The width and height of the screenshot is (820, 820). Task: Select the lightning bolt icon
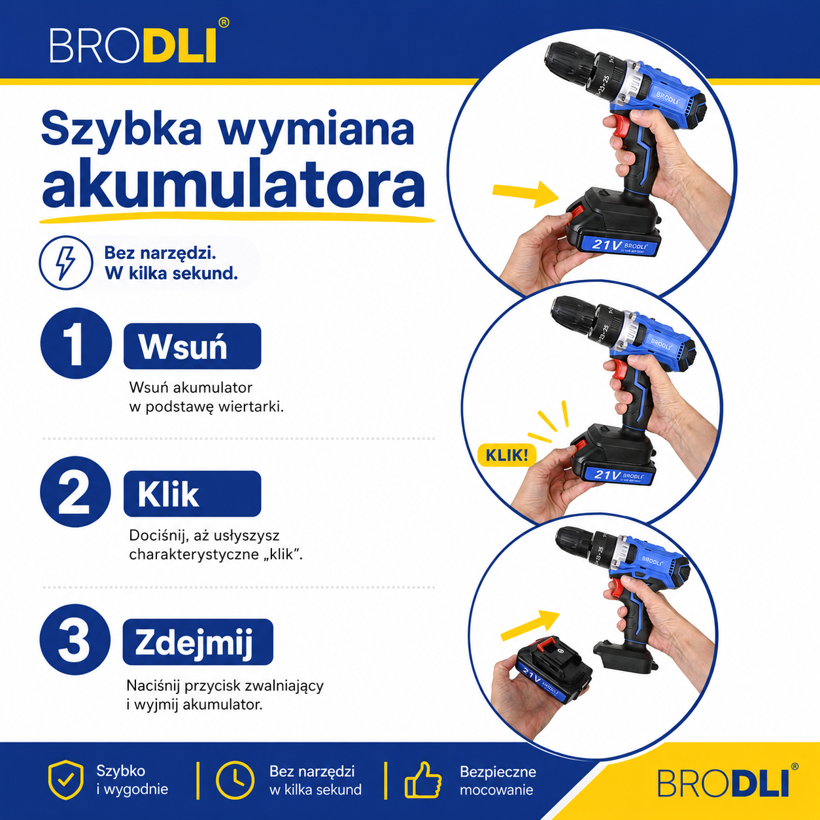(x=65, y=263)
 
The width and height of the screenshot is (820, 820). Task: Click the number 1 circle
(x=76, y=343)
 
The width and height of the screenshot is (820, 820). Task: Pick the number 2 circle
(x=76, y=492)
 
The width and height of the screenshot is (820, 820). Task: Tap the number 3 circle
(x=75, y=640)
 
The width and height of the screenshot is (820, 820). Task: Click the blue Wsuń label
(x=192, y=346)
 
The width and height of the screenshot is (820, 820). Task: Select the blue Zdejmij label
(x=198, y=641)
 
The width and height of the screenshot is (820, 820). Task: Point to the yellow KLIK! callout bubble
(x=507, y=455)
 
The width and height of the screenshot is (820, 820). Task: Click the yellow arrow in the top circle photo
(x=526, y=194)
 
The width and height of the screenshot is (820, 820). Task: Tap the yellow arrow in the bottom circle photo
(x=530, y=624)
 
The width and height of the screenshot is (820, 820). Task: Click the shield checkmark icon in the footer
(x=65, y=779)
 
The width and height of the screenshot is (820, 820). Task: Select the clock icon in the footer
(x=235, y=780)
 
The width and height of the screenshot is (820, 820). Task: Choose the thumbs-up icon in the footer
(x=423, y=780)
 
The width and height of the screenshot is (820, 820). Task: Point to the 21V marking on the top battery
(x=606, y=245)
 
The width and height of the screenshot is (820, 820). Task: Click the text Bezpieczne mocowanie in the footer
(x=498, y=780)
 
